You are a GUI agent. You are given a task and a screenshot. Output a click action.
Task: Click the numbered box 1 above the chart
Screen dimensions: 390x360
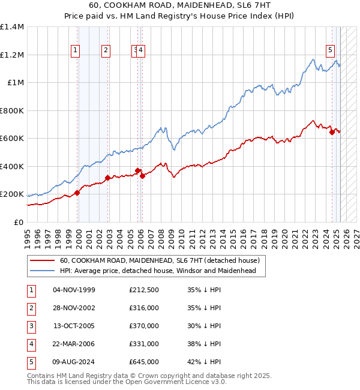(x=76, y=51)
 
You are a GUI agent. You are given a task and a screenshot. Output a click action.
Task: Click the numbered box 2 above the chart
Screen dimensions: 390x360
(x=106, y=51)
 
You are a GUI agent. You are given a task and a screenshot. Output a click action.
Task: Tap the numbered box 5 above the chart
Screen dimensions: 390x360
(x=330, y=51)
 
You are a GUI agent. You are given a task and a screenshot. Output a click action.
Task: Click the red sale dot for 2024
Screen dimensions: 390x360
(x=332, y=133)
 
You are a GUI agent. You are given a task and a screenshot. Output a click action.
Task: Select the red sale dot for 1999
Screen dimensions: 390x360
(x=77, y=193)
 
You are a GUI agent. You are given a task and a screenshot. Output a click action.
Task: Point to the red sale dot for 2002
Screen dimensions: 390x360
(x=107, y=178)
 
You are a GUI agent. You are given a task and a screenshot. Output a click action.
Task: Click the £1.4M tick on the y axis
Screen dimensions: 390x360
(x=12, y=27)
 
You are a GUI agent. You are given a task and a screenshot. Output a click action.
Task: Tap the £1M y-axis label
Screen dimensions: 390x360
(x=16, y=83)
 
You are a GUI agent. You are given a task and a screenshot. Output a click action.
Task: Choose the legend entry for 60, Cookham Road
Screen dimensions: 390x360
(x=159, y=260)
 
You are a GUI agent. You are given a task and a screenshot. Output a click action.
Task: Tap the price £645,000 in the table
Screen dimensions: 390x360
(x=144, y=362)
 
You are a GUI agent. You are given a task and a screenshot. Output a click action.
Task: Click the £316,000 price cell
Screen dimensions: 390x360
(x=144, y=308)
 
